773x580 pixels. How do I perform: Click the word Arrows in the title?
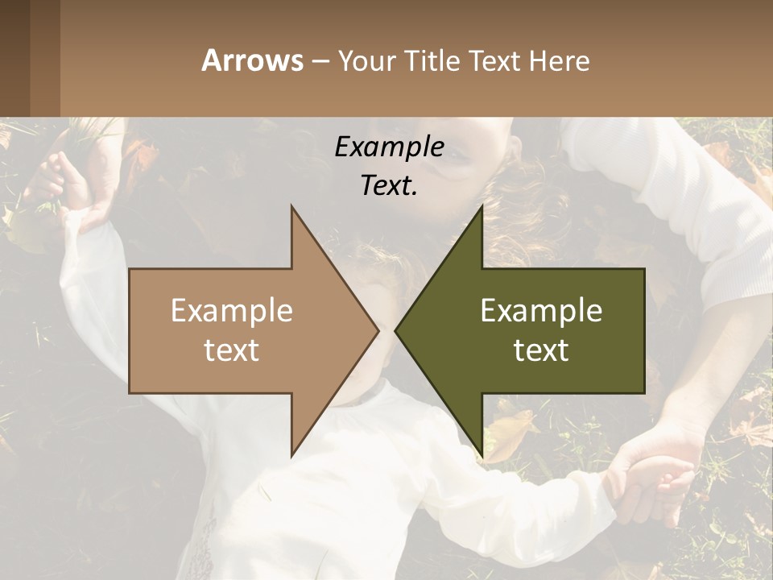coord(252,60)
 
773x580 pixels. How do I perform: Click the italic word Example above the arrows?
coord(389,147)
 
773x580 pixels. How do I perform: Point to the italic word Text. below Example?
coord(389,185)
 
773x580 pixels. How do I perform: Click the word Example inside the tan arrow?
coord(232,310)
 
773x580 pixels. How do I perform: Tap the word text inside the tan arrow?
coord(232,350)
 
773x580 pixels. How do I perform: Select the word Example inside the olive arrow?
coord(541,310)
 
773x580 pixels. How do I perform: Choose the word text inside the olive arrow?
coord(541,350)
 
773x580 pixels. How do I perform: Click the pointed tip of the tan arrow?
coord(378,330)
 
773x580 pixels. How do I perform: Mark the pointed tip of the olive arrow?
coord(395,330)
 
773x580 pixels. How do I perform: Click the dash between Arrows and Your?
coord(320,62)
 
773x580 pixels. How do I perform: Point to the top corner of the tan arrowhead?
coord(291,206)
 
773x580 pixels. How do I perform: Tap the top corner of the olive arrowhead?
coord(482,206)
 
